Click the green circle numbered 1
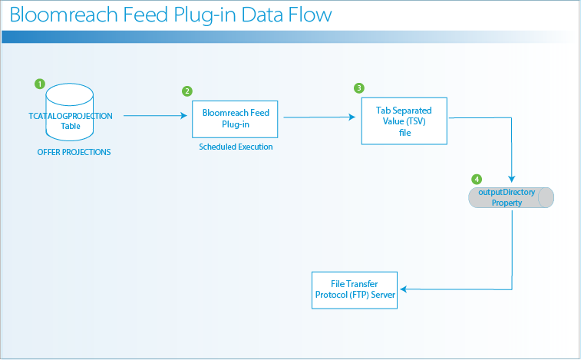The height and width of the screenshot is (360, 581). click(x=41, y=83)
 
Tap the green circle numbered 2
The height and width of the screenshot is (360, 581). click(x=187, y=91)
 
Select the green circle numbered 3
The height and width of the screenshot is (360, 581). click(x=358, y=88)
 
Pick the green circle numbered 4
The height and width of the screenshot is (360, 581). click(x=477, y=180)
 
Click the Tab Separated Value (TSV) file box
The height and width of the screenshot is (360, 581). click(x=404, y=121)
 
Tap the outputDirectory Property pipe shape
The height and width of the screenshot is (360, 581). click(x=511, y=198)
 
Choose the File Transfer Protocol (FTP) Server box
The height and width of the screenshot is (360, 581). click(x=354, y=289)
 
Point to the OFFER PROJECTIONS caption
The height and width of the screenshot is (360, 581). click(x=74, y=152)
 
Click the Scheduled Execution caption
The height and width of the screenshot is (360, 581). click(x=236, y=147)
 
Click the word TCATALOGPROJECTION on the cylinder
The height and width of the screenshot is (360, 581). click(x=70, y=116)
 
